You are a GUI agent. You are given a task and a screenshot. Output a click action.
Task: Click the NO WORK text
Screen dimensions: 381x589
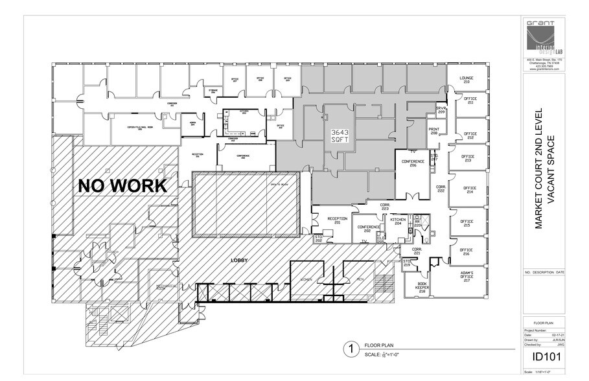[x=122, y=186]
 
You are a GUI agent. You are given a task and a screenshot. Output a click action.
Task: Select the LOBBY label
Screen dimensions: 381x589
[x=240, y=260]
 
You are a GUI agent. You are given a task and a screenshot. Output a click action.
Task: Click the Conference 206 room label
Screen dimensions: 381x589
[x=413, y=163]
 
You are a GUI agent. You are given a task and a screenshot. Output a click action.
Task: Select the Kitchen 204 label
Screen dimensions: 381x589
[x=398, y=222]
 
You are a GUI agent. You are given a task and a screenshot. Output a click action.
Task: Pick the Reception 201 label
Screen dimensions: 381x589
[x=338, y=221]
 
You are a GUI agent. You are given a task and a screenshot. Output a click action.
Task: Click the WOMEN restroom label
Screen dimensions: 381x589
[x=306, y=279]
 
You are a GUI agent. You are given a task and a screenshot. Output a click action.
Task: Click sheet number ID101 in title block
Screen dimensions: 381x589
[x=544, y=356]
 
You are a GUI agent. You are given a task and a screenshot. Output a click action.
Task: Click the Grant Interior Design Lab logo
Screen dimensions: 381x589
[x=544, y=38]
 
